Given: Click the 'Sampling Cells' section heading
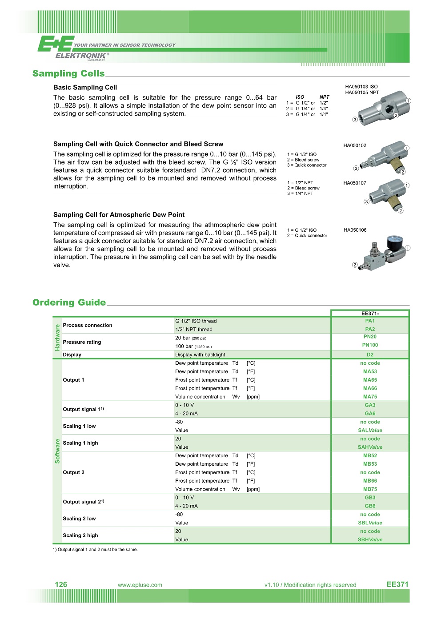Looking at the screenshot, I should click(68, 73).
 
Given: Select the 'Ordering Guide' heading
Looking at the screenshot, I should click(69, 302).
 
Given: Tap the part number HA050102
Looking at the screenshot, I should click(355, 145).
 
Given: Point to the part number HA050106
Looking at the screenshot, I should click(355, 230).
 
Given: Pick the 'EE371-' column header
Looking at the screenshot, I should click(370, 314).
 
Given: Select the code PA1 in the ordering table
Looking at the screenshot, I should click(370, 321).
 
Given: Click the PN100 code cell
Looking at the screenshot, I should click(370, 345).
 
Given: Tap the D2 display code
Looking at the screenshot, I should click(370, 355).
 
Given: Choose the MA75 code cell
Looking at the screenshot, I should click(370, 397).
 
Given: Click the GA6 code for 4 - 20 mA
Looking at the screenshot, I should click(370, 414).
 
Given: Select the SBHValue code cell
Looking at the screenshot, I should click(370, 540).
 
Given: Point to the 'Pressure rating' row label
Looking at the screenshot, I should click(82, 342).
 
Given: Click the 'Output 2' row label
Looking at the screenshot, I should click(73, 472).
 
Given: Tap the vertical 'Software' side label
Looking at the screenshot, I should click(57, 451).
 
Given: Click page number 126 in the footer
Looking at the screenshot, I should click(61, 584).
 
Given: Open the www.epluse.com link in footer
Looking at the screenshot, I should click(140, 585).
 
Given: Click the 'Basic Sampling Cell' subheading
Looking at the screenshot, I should click(85, 88).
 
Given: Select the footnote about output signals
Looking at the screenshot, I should click(95, 550).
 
